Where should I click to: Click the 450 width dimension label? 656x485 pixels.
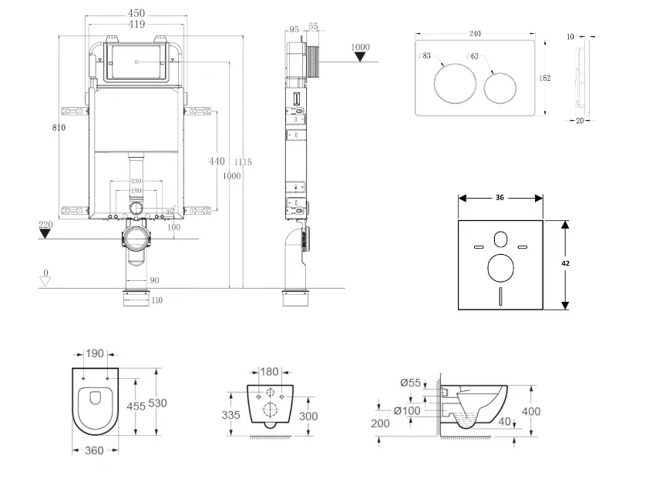point(137,13)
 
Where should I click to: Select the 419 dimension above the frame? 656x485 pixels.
point(137,25)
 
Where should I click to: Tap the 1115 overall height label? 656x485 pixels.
point(244,162)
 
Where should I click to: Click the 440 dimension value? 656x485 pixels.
point(217,161)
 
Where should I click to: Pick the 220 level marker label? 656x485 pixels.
point(46,225)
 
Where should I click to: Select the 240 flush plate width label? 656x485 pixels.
point(475,34)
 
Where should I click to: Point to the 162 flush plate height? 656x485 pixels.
point(545,78)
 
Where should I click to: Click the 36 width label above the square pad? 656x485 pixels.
point(500,198)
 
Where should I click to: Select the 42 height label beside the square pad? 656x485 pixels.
point(565,263)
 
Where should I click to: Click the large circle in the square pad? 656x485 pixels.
point(501,270)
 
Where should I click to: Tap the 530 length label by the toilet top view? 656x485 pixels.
point(157,403)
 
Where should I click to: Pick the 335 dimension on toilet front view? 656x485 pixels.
point(231,415)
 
